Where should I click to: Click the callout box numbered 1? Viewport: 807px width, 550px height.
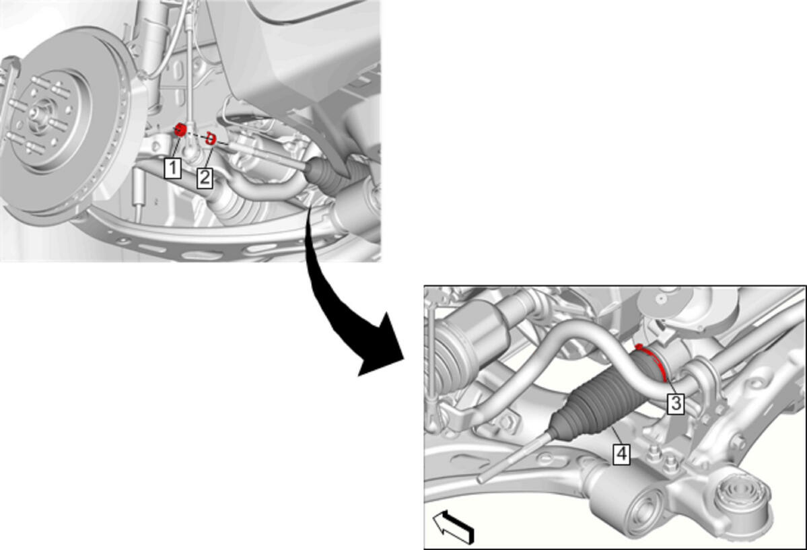point(173,168)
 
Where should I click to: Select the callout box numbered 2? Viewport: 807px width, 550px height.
point(205,178)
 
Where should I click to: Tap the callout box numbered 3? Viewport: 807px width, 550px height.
point(676,403)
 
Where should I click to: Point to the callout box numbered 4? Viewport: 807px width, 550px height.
point(622,454)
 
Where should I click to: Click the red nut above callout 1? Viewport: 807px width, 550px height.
point(180,130)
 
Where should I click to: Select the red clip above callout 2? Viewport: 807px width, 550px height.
point(211,138)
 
